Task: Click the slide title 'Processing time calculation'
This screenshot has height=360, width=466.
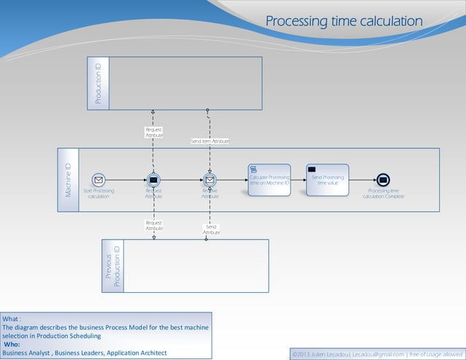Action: coord(343,21)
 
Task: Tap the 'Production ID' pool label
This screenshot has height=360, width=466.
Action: coord(99,83)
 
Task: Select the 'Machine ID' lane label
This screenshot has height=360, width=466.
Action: coord(68,180)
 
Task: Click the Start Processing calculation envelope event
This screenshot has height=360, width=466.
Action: coord(99,180)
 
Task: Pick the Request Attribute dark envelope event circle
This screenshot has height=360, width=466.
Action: coord(153,180)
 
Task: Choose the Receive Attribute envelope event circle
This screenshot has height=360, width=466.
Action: coord(210,180)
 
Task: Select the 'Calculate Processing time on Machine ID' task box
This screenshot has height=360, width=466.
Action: coord(269,180)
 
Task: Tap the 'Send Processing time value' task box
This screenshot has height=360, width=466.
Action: coord(327,180)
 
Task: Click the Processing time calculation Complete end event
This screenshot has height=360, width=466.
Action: coord(383,180)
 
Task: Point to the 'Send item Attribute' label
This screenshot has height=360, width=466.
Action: coord(210,141)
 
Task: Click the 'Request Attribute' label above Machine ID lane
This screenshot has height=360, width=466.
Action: coord(153,132)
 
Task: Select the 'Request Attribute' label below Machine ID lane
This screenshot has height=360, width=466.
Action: coord(153,226)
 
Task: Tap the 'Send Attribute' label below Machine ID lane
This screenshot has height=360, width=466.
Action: coord(210,230)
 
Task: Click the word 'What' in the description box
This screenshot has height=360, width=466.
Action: coord(10,319)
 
